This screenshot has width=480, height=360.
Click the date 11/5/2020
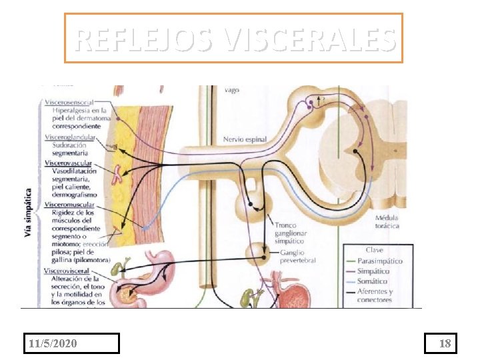tap(53, 343)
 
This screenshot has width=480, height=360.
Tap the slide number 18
tap(445, 343)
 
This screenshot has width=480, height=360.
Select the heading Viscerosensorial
tap(69, 103)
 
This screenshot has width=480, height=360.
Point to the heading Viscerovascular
tap(69, 163)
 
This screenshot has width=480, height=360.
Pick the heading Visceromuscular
tap(69, 205)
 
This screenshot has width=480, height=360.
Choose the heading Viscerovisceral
tap(67, 271)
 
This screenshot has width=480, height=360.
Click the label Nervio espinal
tap(245, 139)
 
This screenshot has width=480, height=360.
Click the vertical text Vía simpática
tap(28, 207)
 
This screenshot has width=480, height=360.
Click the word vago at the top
tap(231, 89)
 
